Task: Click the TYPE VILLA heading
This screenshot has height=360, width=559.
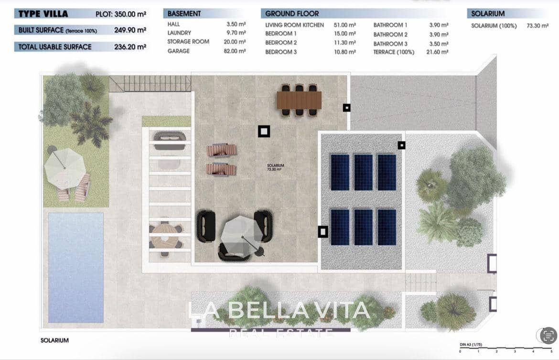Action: click(x=43, y=14)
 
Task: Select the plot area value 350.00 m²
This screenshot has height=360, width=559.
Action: click(x=130, y=14)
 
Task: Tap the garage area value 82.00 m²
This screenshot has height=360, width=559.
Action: click(x=236, y=51)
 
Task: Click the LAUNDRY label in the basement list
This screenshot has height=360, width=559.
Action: click(x=179, y=33)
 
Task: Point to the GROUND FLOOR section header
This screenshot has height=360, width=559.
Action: click(x=291, y=14)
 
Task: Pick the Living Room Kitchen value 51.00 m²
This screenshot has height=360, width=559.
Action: click(x=345, y=25)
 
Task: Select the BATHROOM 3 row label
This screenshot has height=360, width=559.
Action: click(x=390, y=44)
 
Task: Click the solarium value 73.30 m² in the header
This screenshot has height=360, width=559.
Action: click(x=537, y=26)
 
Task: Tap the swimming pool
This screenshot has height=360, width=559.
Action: click(x=75, y=267)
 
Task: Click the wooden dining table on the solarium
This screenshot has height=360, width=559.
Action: click(x=299, y=100)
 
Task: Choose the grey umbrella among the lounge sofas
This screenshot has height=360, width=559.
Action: click(x=242, y=230)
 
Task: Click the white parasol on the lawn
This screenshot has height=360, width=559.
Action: click(x=64, y=168)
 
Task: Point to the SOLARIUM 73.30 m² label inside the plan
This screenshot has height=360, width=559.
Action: click(x=275, y=167)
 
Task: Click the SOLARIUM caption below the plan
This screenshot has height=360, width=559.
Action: click(x=54, y=340)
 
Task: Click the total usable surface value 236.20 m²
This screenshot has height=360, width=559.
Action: click(x=130, y=47)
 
